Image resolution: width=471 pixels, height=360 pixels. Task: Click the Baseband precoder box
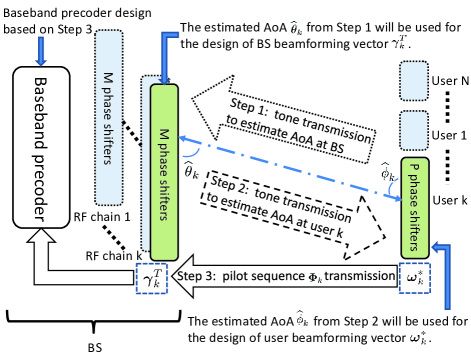coord(41,148)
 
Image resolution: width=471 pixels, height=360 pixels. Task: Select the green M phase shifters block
coord(164,172)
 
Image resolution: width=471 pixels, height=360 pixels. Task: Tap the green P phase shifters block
coord(415,208)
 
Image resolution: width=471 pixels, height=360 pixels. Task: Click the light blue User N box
coord(414,81)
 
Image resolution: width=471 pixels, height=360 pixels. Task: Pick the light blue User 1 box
coord(414,131)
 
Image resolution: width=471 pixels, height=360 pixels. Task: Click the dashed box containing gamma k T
coord(152,279)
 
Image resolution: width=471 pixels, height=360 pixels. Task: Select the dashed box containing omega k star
coord(415,278)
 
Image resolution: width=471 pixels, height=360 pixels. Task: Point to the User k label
coord(450,200)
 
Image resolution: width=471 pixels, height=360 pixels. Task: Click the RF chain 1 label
coord(102,217)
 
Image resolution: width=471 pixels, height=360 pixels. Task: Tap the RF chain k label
coord(114,256)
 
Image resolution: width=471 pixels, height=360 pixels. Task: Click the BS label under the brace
coord(95,348)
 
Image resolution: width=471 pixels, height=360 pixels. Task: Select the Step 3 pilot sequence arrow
coord(285,276)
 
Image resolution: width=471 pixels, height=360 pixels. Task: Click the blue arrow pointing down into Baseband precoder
coord(41,51)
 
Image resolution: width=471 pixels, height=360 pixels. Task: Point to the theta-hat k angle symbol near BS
coord(191,171)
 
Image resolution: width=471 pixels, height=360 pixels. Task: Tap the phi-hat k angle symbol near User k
coord(388,172)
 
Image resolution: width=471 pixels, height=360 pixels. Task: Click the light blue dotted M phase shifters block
coord(109,118)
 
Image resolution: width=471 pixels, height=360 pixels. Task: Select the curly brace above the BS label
coord(94,321)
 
